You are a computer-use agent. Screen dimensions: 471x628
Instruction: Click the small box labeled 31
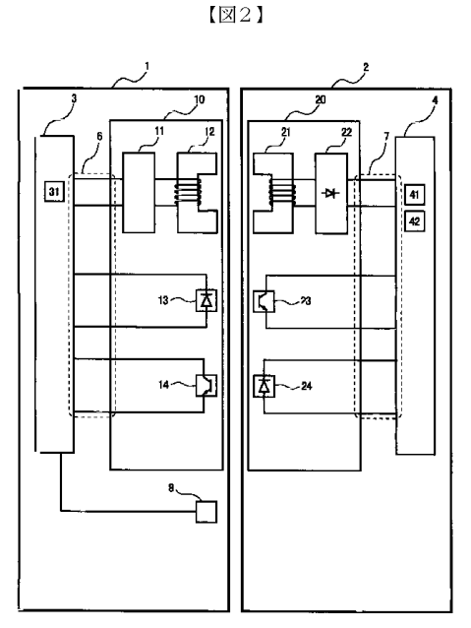tap(54, 191)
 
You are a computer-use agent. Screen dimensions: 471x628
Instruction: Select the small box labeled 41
tap(415, 195)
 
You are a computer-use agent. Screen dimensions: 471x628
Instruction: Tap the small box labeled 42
tap(415, 221)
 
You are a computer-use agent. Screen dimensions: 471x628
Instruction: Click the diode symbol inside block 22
tap(331, 194)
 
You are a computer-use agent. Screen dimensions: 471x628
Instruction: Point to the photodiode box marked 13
tap(206, 301)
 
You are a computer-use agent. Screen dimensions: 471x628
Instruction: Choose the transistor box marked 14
tap(206, 385)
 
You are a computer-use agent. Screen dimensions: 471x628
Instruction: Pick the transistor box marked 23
tap(265, 301)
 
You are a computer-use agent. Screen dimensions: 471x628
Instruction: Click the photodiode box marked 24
tap(265, 386)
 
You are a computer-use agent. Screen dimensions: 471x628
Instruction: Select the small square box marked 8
tap(206, 512)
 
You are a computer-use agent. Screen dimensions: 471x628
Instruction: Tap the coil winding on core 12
tap(189, 193)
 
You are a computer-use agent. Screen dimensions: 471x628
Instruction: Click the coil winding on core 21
tap(282, 193)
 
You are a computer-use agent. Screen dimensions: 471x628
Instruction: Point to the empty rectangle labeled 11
tap(139, 193)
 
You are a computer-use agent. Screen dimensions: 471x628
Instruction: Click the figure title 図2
tap(235, 15)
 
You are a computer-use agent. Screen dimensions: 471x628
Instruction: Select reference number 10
tap(200, 99)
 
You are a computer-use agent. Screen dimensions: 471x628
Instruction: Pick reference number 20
tap(321, 99)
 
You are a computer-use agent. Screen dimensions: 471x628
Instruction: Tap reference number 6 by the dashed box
tap(99, 137)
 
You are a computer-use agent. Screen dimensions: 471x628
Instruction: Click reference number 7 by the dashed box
tap(386, 137)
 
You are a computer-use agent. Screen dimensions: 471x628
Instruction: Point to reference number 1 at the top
tap(147, 66)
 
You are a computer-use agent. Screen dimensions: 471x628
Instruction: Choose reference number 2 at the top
tap(366, 67)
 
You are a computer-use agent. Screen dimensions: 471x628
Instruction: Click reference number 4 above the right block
tap(435, 99)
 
